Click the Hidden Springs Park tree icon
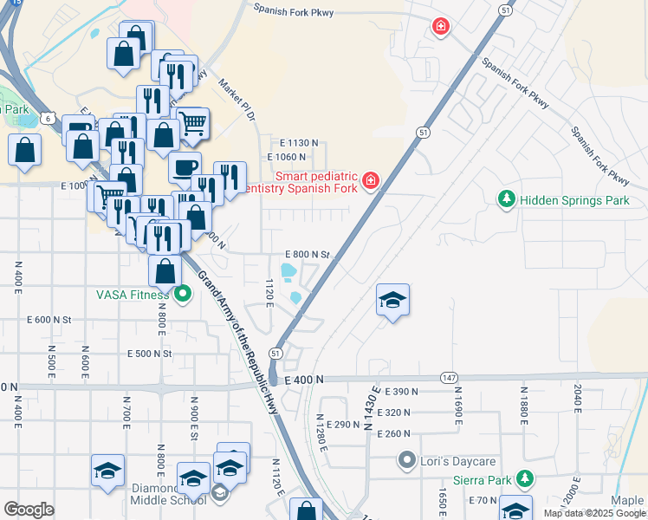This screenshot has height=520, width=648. [x=507, y=200]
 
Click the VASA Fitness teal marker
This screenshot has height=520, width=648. [x=182, y=294]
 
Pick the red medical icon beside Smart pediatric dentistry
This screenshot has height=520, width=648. [x=371, y=179]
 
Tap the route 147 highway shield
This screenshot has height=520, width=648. [x=448, y=379]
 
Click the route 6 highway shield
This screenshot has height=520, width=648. [x=46, y=118]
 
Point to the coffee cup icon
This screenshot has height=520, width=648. [x=184, y=167]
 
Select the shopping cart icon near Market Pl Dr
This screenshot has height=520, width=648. [x=192, y=122]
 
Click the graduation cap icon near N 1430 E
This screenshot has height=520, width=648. [x=392, y=300]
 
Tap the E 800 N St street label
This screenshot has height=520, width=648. [x=308, y=255]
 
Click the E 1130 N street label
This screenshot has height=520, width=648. [x=299, y=143]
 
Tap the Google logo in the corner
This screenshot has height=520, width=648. [x=29, y=509]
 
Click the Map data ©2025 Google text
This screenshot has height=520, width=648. [x=594, y=513]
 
